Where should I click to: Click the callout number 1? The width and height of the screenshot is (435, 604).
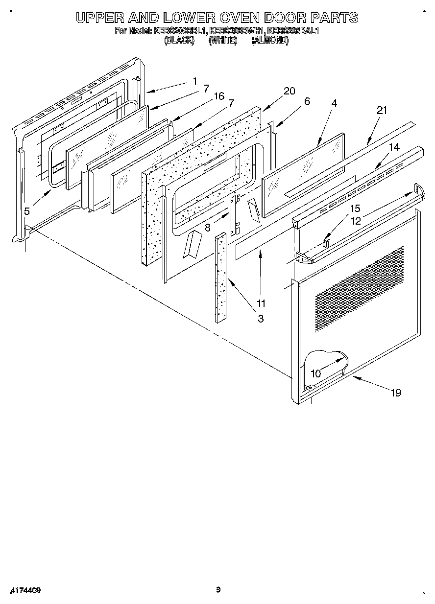pyautogui.click(x=195, y=81)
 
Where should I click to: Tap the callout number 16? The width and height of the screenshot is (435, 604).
pyautogui.click(x=218, y=96)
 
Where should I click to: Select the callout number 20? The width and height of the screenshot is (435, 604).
pyautogui.click(x=290, y=91)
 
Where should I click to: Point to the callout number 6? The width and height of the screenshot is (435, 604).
pyautogui.click(x=307, y=101)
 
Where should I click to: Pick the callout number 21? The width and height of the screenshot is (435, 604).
pyautogui.click(x=382, y=111)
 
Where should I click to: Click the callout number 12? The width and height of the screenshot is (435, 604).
pyautogui.click(x=355, y=221)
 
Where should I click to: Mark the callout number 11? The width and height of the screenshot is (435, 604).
pyautogui.click(x=261, y=303)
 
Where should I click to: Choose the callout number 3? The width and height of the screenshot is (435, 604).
pyautogui.click(x=260, y=319)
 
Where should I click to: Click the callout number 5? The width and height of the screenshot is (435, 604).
pyautogui.click(x=27, y=211)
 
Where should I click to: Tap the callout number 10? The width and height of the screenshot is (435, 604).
pyautogui.click(x=316, y=373)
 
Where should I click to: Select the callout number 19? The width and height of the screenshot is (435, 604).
pyautogui.click(x=396, y=392)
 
